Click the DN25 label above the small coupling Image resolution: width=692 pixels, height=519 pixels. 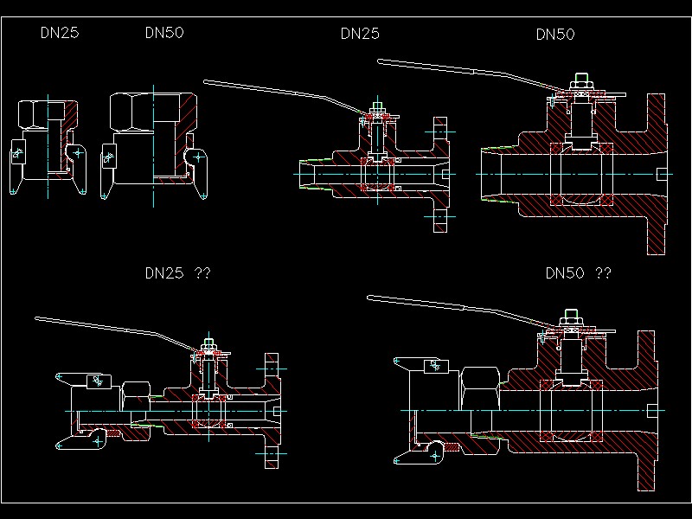point(61,33)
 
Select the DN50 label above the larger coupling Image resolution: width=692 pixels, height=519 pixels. point(164,33)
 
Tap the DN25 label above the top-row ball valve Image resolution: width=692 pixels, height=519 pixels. point(360,34)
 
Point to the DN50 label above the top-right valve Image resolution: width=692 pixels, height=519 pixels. point(555,35)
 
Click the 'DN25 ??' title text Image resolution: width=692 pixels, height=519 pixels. point(177,273)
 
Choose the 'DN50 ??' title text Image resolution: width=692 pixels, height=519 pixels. point(579,273)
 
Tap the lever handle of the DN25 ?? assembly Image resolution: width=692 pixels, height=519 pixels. point(112,331)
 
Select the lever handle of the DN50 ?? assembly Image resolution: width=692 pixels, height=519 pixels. point(450,309)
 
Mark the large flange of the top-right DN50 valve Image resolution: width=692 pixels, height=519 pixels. point(658,174)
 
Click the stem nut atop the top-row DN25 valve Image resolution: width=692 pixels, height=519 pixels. point(378,109)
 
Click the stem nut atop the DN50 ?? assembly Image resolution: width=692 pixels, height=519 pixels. point(571,316)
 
